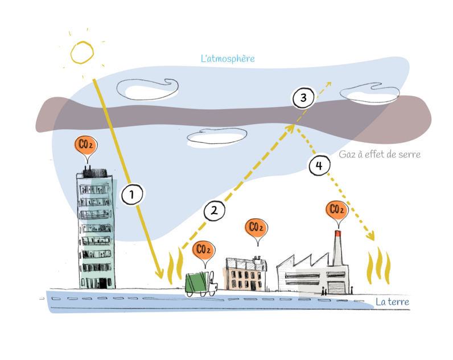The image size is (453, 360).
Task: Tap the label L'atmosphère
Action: [228, 59]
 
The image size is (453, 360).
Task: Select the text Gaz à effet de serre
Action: [380, 154]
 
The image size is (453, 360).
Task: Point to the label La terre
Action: [392, 301]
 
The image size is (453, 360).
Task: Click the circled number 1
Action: [132, 195]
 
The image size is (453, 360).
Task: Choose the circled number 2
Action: [214, 210]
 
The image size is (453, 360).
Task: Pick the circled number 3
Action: [303, 98]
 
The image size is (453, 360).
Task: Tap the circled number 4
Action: [319, 165]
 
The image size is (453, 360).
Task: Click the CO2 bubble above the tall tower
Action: [86, 146]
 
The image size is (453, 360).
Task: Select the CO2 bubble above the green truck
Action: [204, 251]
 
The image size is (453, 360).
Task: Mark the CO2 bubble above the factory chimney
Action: [337, 211]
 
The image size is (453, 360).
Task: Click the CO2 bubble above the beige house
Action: [256, 229]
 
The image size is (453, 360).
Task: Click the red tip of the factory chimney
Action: [337, 233]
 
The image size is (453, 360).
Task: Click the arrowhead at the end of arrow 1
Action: [160, 274]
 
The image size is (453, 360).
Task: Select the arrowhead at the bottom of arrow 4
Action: [371, 235]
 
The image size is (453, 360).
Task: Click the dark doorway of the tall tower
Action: [102, 283]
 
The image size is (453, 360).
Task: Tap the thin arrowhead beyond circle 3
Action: [329, 84]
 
